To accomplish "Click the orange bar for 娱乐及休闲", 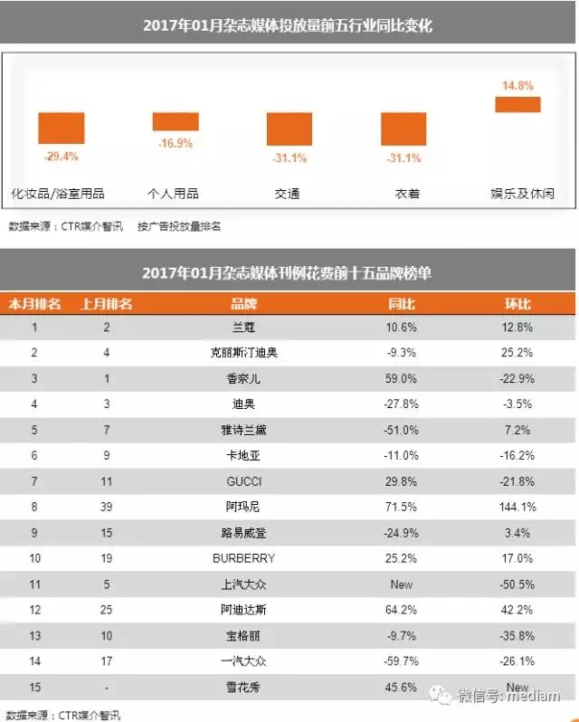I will click(517, 104).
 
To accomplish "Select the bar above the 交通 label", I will click(289, 129).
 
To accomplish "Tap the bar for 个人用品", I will click(176, 121).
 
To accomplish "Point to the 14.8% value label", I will click(517, 86).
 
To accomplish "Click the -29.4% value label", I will click(61, 156).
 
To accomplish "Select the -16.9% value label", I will click(176, 142).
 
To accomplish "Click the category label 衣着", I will click(403, 194).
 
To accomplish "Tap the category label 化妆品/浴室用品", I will click(57, 194).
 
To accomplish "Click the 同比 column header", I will click(402, 304).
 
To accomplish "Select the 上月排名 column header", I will click(107, 304).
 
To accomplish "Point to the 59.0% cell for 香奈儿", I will click(402, 378).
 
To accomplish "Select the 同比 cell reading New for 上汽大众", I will click(402, 584).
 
